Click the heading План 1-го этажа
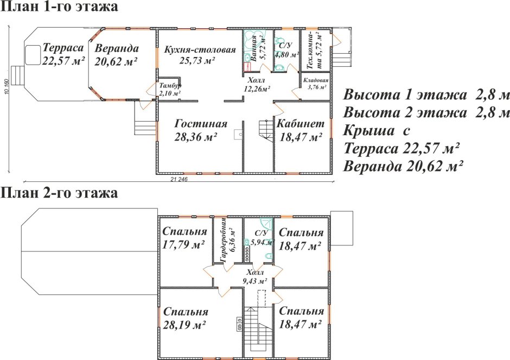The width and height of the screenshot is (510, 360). (x=59, y=7)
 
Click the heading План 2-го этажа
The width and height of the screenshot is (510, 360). (x=59, y=192)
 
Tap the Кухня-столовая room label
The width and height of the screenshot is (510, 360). (x=200, y=50)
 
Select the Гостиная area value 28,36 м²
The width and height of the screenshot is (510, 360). (x=196, y=137)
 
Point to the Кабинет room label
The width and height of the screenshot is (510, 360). (x=301, y=124)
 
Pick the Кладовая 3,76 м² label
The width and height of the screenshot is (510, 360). (x=316, y=84)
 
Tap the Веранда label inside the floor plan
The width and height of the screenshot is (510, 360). (x=117, y=48)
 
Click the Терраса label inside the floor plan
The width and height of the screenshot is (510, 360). (x=63, y=48)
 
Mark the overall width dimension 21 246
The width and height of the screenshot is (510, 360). (x=179, y=179)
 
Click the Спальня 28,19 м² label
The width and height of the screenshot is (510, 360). (x=185, y=318)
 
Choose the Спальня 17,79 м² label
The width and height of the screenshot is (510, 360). (x=184, y=237)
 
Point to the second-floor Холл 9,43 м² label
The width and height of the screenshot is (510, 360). (x=255, y=276)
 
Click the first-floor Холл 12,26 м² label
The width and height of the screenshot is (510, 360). (x=257, y=84)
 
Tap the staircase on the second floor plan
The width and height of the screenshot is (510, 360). (x=258, y=328)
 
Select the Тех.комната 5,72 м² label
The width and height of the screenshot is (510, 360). (x=314, y=50)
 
